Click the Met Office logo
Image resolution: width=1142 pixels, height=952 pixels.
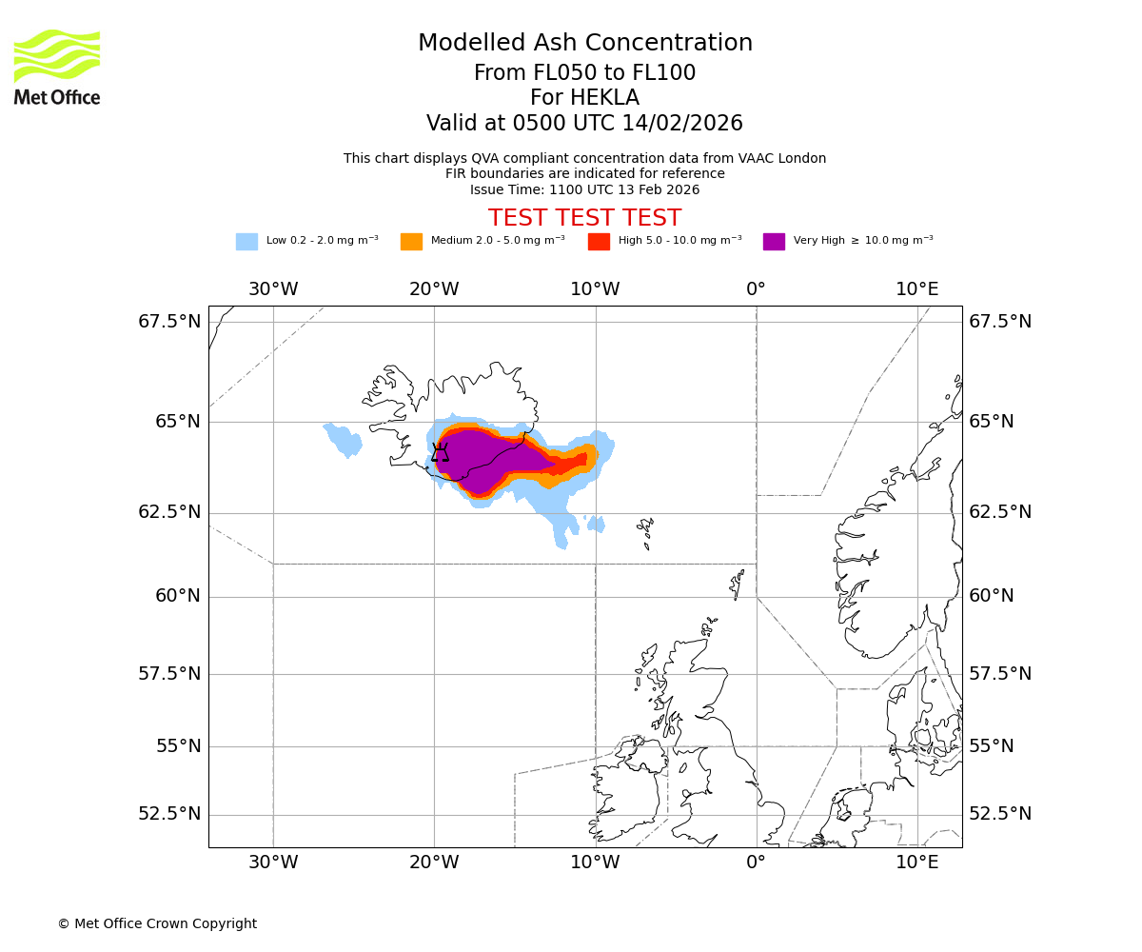click(57, 67)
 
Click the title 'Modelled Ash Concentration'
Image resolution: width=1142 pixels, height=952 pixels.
click(584, 44)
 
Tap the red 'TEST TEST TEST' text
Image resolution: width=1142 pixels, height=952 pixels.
click(584, 219)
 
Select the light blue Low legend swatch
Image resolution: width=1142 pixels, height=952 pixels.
click(246, 242)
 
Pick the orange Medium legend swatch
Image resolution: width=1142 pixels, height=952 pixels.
click(411, 242)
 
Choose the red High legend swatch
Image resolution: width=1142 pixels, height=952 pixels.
click(599, 242)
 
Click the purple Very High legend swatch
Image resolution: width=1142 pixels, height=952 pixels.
click(774, 242)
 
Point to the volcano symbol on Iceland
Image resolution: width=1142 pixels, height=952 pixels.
click(440, 452)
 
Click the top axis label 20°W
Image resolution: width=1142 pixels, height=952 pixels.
click(434, 289)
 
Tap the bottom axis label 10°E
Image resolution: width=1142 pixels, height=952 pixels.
click(916, 863)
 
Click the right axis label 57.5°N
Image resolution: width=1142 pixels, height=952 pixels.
click(1000, 674)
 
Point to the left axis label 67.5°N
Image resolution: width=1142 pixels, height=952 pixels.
click(170, 322)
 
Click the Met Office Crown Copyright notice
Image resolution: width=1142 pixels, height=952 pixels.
click(157, 924)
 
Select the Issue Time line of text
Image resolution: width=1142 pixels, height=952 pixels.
click(584, 190)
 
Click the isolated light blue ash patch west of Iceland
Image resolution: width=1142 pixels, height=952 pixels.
click(345, 439)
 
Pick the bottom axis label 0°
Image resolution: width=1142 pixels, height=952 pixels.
click(756, 863)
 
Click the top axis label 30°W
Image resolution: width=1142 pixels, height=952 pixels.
click(273, 289)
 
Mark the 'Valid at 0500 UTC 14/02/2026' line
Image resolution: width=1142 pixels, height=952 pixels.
click(584, 124)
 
